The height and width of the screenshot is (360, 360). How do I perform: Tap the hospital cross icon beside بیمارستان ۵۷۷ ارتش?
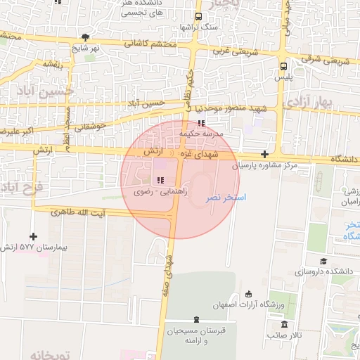pos(33,236)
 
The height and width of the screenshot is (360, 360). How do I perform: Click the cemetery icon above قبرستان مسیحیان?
pos(195,319)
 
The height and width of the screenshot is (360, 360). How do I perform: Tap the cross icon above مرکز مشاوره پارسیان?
pos(264,154)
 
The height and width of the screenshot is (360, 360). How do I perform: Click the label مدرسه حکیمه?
pos(202,132)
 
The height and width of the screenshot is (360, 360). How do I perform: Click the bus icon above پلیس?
pos(283,66)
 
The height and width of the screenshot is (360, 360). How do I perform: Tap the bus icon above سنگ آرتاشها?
pos(199,15)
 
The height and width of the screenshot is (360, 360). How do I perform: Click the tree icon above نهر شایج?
pos(85,37)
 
